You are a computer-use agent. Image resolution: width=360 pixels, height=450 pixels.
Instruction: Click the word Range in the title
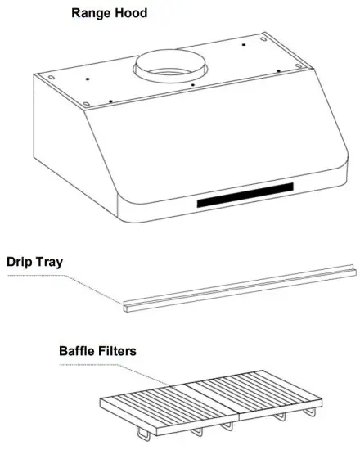(92, 13)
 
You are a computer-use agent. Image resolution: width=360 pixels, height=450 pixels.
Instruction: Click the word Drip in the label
(22, 263)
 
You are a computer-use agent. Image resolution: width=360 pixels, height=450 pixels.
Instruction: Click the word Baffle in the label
(79, 351)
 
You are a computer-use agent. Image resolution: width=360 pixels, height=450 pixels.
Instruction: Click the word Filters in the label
(119, 351)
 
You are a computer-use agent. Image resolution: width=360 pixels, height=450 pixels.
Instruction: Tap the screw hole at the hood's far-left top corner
(51, 79)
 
